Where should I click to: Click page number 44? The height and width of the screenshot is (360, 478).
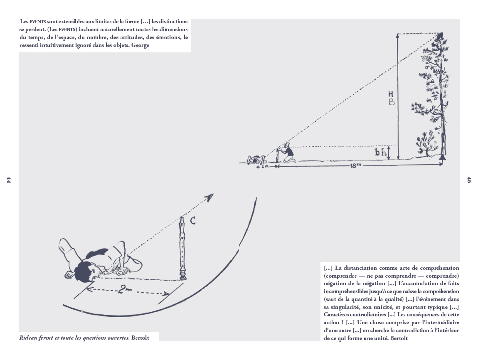[8, 180]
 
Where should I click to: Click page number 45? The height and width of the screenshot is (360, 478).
[469, 180]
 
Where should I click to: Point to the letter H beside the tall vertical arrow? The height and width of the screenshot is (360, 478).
[391, 93]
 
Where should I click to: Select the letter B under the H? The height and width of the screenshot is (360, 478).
[392, 101]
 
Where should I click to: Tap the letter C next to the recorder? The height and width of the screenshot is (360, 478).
[193, 221]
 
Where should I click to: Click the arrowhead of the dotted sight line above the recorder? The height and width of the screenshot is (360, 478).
[210, 196]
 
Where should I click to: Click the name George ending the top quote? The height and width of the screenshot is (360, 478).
[140, 45]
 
